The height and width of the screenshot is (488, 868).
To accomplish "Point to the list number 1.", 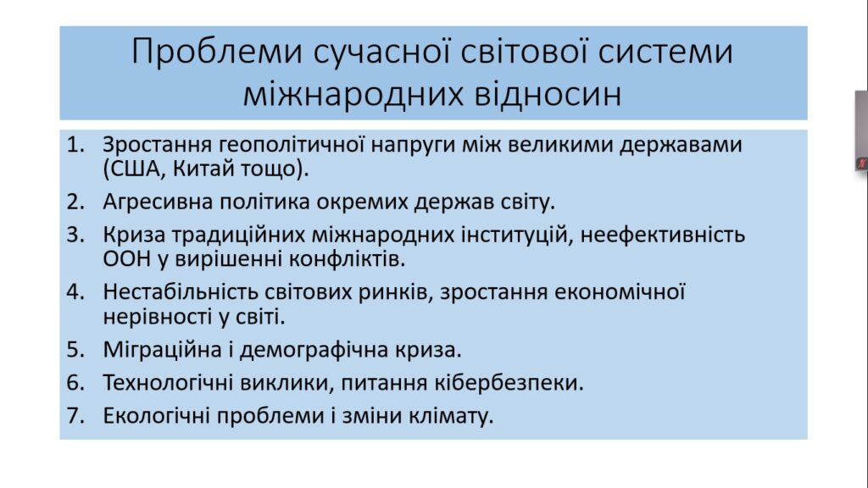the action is (x=75, y=144).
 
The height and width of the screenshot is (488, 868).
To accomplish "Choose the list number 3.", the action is (x=75, y=236).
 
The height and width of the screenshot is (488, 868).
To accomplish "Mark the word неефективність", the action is (x=663, y=236).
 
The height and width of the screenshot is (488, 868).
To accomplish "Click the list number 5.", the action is (x=75, y=350).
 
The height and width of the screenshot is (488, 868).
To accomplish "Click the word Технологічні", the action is (x=167, y=383).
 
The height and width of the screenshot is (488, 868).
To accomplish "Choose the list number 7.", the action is (x=75, y=416).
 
